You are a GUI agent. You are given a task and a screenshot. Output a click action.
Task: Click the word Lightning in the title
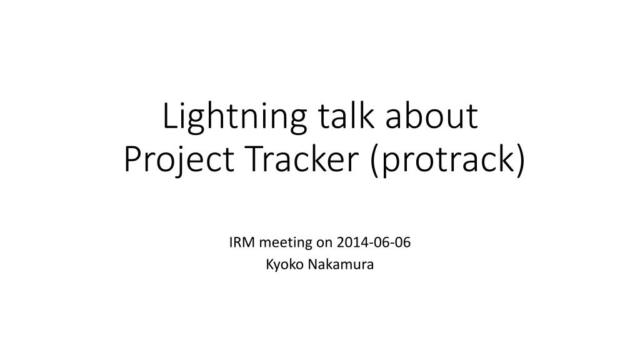click(x=235, y=118)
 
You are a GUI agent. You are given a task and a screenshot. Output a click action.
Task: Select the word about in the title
click(x=431, y=116)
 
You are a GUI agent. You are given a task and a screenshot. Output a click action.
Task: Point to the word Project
click(x=179, y=161)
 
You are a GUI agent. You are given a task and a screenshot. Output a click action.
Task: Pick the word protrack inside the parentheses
click(x=446, y=161)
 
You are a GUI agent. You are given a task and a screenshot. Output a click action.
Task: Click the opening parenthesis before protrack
click(x=375, y=161)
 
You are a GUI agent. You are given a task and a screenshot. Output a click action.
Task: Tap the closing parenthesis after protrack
click(x=519, y=161)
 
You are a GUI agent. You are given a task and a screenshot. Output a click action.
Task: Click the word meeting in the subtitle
click(x=286, y=244)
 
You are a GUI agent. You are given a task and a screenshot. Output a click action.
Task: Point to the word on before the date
click(x=324, y=244)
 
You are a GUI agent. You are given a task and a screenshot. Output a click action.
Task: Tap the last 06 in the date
click(x=402, y=242)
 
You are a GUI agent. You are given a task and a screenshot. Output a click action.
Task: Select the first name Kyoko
click(x=285, y=265)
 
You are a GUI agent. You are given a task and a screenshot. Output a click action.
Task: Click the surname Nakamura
click(x=341, y=264)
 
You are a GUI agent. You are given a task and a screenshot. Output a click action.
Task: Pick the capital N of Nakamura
click(x=312, y=264)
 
